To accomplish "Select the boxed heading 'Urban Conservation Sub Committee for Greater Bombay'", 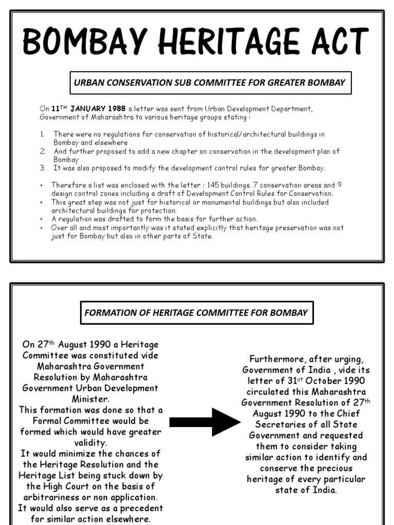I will [210, 83].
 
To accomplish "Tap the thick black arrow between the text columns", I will [204, 422].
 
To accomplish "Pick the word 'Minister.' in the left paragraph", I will [90, 398].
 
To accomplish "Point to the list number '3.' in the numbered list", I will [44, 168].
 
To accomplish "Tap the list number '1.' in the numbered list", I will [44, 134].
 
